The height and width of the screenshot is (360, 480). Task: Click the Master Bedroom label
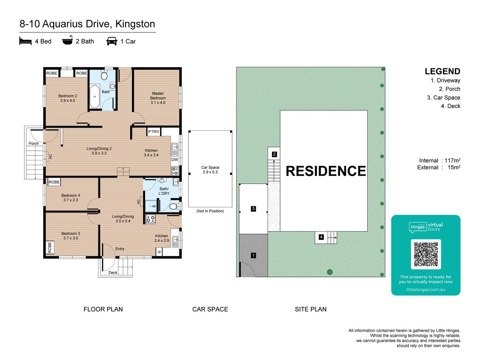[x=158, y=98]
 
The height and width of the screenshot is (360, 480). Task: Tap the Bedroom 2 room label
[x=68, y=98]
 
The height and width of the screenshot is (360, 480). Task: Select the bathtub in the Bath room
[x=95, y=97]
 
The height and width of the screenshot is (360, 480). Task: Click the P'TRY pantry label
[x=154, y=132]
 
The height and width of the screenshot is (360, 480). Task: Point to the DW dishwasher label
[x=174, y=160]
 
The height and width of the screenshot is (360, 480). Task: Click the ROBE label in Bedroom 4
[x=54, y=182]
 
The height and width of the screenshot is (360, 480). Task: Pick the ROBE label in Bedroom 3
[x=50, y=248]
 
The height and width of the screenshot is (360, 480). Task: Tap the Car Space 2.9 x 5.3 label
[x=210, y=170]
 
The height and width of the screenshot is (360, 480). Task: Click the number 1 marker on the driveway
[x=253, y=255]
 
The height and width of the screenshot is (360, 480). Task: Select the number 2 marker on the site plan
[x=274, y=154]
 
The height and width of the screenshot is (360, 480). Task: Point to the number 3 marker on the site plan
[x=253, y=209]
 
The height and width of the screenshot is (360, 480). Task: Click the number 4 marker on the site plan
[x=321, y=237]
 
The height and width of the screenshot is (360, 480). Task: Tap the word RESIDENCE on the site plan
[x=326, y=171]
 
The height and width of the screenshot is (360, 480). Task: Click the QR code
[x=426, y=254]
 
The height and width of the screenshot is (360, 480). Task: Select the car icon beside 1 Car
[x=112, y=41]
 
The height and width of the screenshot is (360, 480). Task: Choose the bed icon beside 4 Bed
[x=25, y=41]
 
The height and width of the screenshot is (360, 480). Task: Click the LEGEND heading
[x=442, y=72]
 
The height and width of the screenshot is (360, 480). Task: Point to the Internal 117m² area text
[x=440, y=160]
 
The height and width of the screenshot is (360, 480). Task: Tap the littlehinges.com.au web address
[x=426, y=290]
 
